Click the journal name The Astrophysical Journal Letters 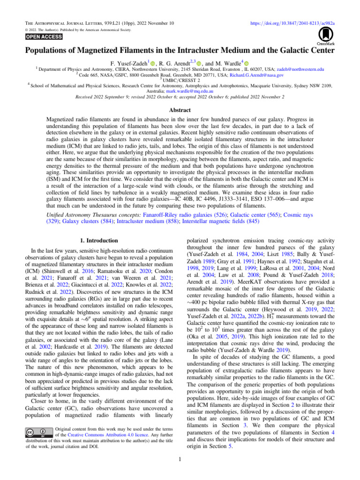point(64,22)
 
